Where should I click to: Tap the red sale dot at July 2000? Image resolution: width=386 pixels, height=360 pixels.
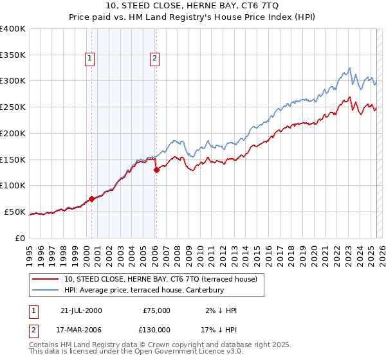(91, 199)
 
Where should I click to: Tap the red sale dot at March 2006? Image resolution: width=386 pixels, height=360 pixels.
(156, 170)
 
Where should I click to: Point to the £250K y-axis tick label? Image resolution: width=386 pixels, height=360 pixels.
(12, 107)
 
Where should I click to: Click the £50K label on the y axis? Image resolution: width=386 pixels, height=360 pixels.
(15, 212)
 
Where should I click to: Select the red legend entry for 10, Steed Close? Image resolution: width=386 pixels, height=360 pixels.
(160, 279)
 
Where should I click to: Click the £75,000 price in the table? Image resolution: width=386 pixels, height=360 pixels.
(156, 310)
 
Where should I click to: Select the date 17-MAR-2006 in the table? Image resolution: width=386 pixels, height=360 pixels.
(80, 329)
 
